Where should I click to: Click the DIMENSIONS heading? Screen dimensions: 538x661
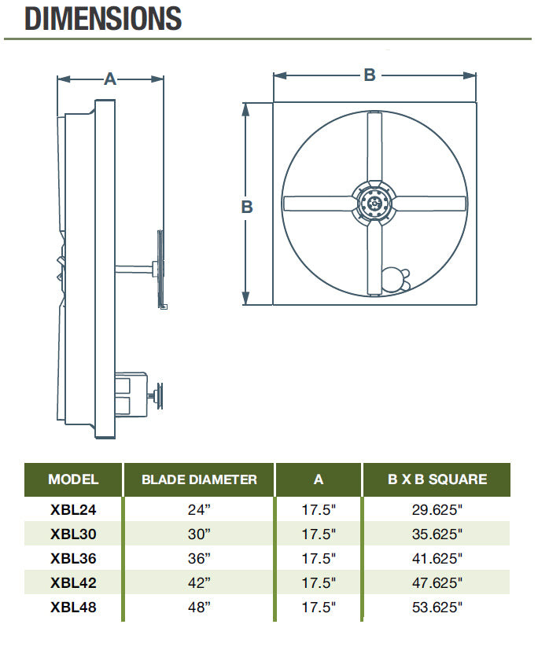click(x=103, y=18)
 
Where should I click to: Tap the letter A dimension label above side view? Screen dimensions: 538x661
click(x=109, y=79)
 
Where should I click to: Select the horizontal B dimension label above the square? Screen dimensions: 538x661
click(x=370, y=75)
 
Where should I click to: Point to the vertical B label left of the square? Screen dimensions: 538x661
click(x=247, y=207)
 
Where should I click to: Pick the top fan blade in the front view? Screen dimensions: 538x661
click(x=374, y=147)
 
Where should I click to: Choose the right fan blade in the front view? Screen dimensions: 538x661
click(x=430, y=204)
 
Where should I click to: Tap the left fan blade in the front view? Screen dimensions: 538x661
click(x=318, y=204)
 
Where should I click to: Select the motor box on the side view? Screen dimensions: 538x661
click(x=131, y=394)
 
